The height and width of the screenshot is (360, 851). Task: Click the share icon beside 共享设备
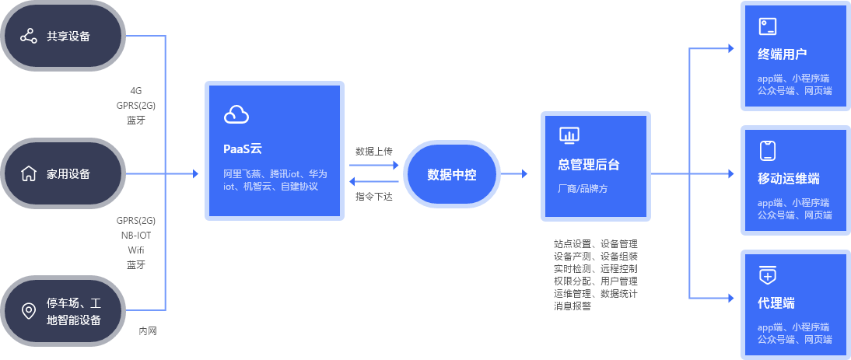tap(29, 37)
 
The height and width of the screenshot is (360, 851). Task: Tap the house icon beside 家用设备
tap(29, 173)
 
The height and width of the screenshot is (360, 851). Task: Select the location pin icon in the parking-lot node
tap(29, 311)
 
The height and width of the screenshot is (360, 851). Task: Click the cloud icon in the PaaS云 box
tap(236, 114)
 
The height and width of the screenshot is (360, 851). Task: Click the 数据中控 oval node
tap(451, 174)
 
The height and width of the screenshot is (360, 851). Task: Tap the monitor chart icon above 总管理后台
tap(569, 136)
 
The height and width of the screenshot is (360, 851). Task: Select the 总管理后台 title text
tap(589, 166)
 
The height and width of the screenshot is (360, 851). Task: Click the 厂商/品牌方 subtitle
tap(583, 188)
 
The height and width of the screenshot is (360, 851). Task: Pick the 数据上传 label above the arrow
tap(374, 151)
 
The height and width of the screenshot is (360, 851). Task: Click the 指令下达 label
tap(374, 197)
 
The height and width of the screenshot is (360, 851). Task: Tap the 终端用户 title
tap(781, 54)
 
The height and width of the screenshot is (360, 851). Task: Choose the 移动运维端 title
tap(788, 179)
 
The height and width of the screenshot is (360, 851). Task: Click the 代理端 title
tap(776, 303)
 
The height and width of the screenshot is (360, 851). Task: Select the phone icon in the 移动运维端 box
tap(767, 151)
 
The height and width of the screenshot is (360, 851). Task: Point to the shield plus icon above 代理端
tap(767, 275)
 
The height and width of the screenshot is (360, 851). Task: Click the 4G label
tap(136, 90)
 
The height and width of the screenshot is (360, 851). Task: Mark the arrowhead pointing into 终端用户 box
tap(730, 48)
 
